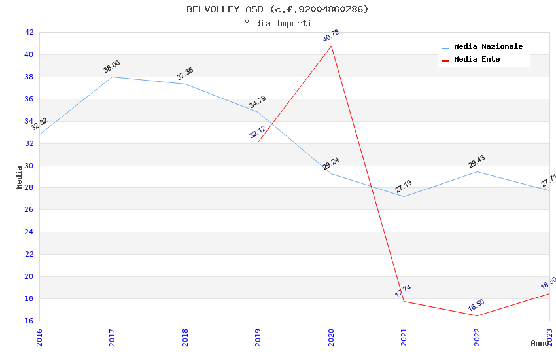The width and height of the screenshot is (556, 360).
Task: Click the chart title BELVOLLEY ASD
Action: (277, 9)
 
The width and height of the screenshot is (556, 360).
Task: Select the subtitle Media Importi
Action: (277, 23)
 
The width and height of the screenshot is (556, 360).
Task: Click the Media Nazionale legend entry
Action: (488, 47)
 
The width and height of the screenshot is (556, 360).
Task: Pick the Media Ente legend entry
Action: (477, 60)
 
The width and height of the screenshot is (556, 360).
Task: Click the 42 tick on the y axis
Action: (29, 32)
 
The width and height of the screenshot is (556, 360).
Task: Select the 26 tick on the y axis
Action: (29, 210)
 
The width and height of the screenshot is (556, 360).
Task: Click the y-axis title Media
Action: (20, 177)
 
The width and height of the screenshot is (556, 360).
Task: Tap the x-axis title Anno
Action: (540, 343)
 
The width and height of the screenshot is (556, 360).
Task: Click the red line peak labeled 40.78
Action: (332, 46)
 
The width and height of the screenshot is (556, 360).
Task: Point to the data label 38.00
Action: (112, 66)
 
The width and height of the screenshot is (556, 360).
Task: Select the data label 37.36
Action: (185, 73)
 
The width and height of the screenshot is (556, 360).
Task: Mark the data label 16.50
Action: (476, 305)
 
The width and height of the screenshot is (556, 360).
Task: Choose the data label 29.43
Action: (477, 161)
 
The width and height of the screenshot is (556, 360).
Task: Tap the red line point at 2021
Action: (404, 301)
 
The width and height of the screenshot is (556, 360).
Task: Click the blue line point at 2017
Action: (113, 77)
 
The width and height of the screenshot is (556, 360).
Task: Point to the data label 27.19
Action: (404, 187)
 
